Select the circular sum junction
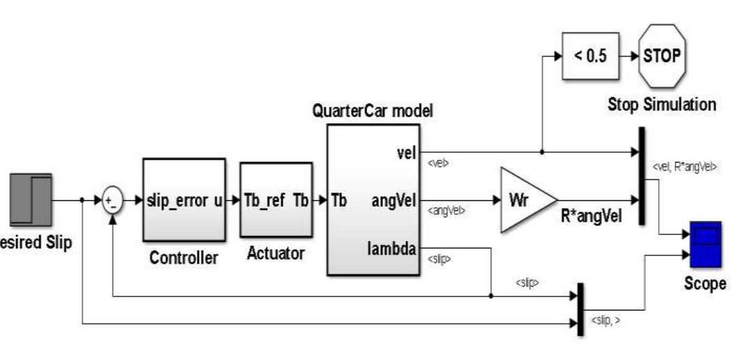pyautogui.click(x=112, y=201)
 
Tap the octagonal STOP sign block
pyautogui.click(x=662, y=56)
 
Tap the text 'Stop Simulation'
pyautogui.click(x=662, y=105)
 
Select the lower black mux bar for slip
pyautogui.click(x=579, y=309)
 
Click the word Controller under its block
pyautogui.click(x=184, y=258)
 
